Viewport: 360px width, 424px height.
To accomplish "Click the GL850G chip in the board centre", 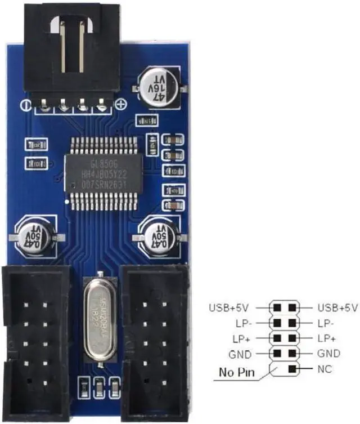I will coord(103,172).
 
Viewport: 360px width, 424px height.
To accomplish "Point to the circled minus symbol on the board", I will coord(25,105).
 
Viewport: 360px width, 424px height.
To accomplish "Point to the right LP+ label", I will coord(327,338).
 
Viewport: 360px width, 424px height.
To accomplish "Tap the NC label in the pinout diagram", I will coord(325,369).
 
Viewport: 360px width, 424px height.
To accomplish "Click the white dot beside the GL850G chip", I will coord(67,200).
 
